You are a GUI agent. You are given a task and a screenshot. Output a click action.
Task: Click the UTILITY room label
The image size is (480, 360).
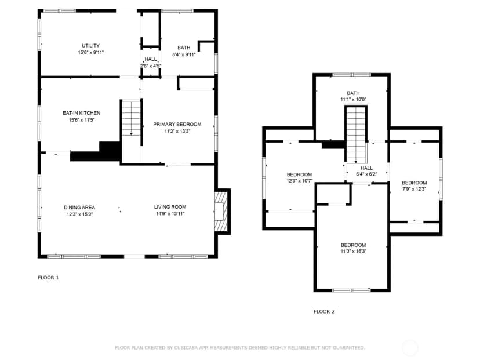coord(90,46)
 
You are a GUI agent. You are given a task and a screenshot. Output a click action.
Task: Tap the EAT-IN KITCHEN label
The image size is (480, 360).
coord(81,113)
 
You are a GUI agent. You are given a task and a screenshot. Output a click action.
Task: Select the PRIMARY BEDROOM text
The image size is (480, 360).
coord(177,124)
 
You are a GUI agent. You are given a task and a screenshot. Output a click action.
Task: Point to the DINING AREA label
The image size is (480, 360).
coord(79,208)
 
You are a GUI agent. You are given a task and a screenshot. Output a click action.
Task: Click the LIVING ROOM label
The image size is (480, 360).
coord(170,207)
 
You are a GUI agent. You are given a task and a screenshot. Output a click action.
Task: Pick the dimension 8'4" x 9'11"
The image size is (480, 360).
coord(184,55)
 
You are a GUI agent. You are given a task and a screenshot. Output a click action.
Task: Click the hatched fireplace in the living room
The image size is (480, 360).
coord(221,212)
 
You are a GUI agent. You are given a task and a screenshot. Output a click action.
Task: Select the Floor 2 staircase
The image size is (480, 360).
coord(356,135)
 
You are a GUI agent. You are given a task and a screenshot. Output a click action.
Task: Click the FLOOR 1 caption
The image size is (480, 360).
coord(48,278)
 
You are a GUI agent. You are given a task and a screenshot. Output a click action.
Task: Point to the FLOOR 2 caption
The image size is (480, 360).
coord(324,312)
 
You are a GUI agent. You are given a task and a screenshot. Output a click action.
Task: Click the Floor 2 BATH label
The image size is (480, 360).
coord(353,93)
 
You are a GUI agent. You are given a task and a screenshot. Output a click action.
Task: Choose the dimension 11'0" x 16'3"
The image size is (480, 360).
coord(354,252)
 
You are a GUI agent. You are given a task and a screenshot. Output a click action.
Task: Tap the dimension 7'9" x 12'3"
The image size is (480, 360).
coord(414,189)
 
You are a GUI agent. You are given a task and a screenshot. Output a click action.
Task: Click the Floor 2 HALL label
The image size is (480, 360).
coord(366,168)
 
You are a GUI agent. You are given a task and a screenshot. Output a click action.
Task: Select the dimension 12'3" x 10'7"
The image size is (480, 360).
coord(299,181)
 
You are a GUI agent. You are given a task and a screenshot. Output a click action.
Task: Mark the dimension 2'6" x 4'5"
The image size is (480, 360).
coord(151,66)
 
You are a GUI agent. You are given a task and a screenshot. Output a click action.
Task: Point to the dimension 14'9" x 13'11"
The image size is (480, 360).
coord(170,214)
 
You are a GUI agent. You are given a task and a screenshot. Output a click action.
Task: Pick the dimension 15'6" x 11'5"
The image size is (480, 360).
coord(82,120)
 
